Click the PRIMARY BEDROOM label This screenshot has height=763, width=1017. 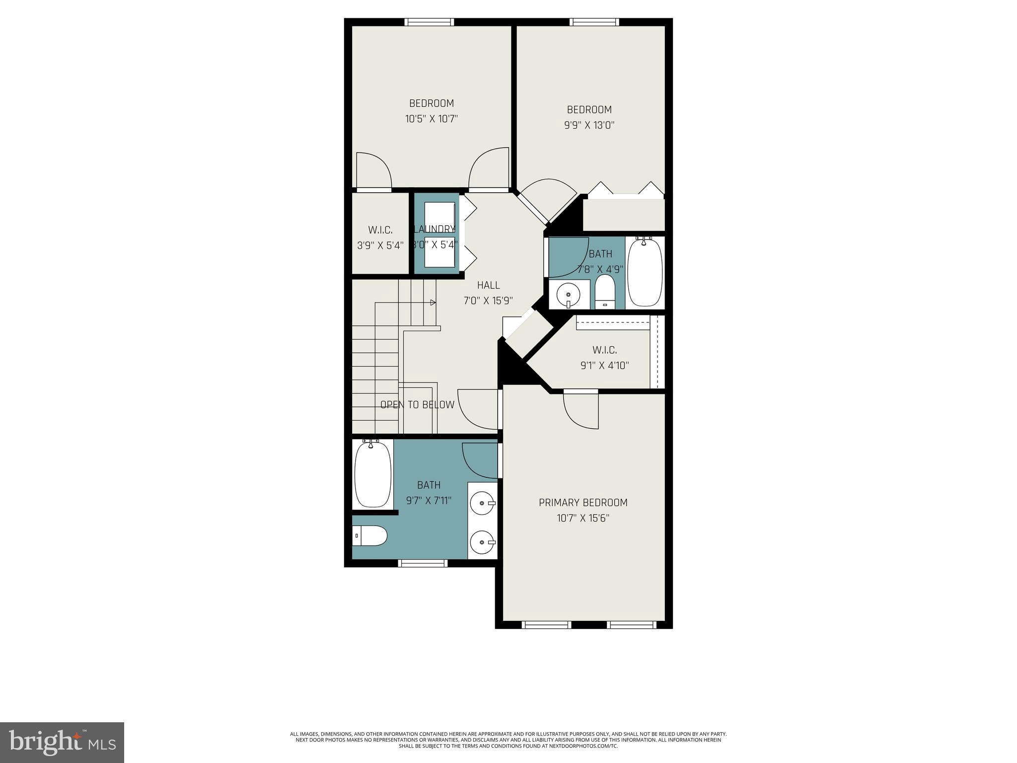[x=583, y=502]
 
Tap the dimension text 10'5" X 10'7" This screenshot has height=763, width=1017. [x=431, y=119]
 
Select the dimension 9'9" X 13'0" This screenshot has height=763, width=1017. [x=589, y=125]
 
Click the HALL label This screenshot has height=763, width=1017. [x=488, y=285]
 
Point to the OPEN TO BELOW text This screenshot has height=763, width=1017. [x=417, y=405]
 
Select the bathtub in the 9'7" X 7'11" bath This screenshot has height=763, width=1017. [x=372, y=474]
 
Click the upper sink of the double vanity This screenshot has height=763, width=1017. [x=482, y=504]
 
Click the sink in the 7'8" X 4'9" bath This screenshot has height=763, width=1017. [x=568, y=295]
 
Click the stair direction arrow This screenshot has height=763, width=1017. [x=433, y=303]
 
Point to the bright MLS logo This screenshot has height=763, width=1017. [x=62, y=742]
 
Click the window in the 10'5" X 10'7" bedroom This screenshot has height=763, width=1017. [x=429, y=22]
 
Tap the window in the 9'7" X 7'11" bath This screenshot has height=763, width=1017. [x=423, y=563]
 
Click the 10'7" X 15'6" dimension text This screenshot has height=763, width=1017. [x=583, y=519]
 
